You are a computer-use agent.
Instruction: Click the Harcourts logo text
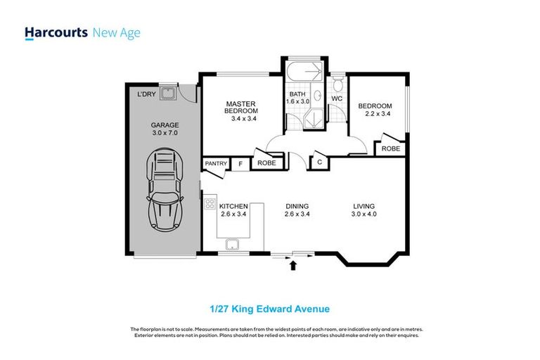[x=56, y=32]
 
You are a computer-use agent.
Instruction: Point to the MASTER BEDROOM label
[x=241, y=108]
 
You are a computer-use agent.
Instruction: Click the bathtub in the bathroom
[x=304, y=72]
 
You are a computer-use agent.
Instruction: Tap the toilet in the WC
[x=338, y=86]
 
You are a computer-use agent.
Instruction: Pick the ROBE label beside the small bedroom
[x=390, y=149]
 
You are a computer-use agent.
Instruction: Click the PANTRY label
[x=215, y=164]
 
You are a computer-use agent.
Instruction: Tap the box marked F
[x=240, y=164]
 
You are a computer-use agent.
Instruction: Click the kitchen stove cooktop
[x=210, y=205]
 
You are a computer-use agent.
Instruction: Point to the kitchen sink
[x=232, y=245]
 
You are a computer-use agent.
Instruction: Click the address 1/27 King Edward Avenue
[x=270, y=309]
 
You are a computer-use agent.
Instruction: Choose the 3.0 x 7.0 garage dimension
[x=165, y=133]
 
